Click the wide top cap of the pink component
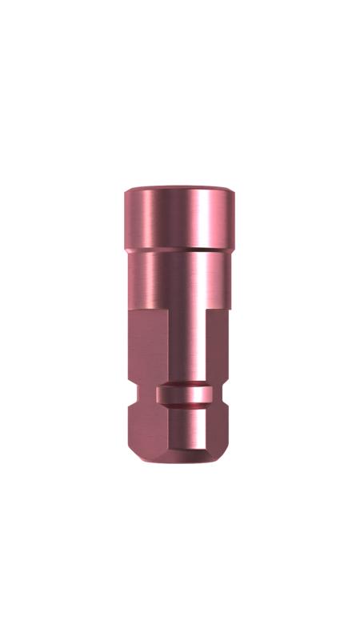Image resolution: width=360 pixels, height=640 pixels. pyautogui.click(x=180, y=220)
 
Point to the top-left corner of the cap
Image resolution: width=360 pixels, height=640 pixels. pyautogui.click(x=127, y=192)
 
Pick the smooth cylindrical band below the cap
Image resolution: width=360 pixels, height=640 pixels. pyautogui.click(x=180, y=276)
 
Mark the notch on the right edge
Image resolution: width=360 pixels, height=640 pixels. pyautogui.click(x=228, y=394)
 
